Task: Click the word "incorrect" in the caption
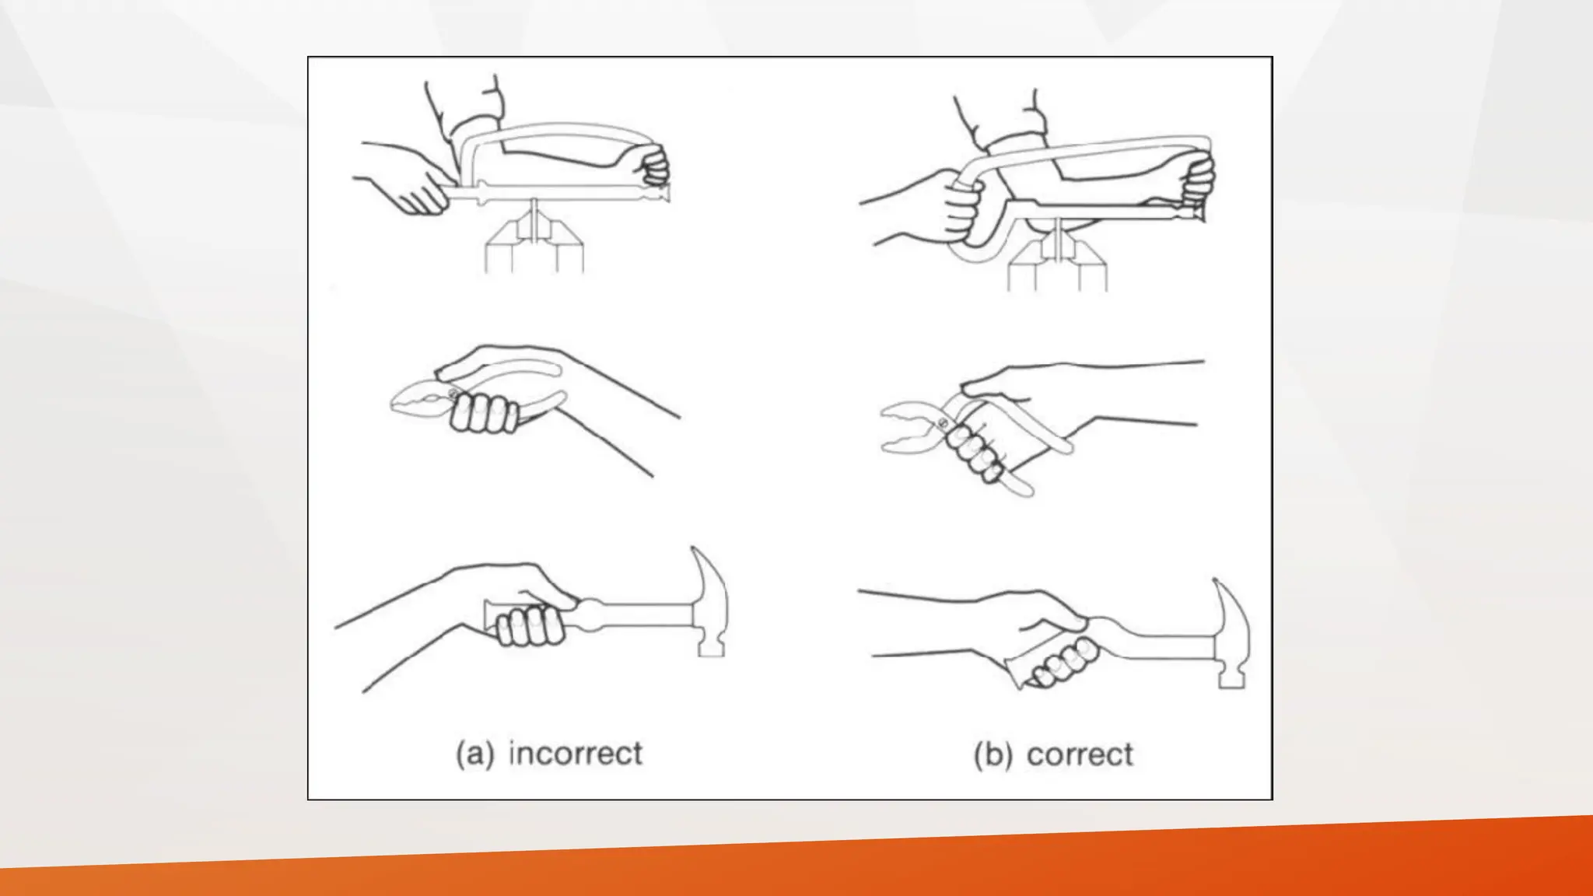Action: [575, 754]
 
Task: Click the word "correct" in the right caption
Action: [1080, 754]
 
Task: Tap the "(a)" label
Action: [474, 754]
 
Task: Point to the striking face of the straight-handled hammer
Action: [711, 650]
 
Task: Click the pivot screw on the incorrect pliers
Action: [453, 394]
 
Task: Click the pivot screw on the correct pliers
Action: [943, 423]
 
